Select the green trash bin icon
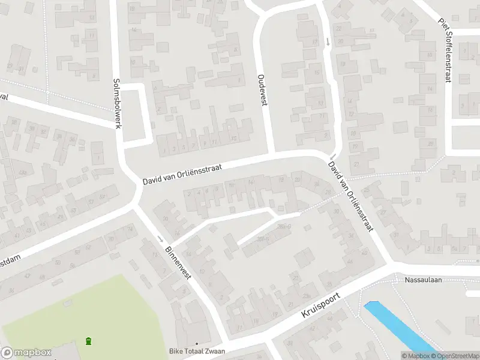[89, 341]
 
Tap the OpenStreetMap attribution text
[454, 356]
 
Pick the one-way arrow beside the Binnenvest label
[160, 239]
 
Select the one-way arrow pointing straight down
[328, 41]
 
